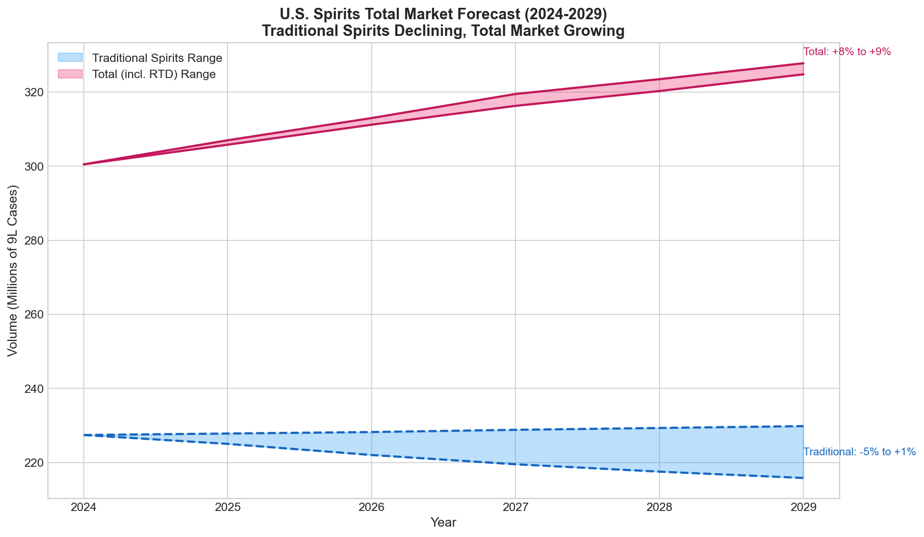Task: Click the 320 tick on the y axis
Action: (33, 93)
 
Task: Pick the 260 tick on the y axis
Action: (33, 315)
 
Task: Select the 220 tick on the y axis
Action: (33, 463)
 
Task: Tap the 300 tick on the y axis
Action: (33, 167)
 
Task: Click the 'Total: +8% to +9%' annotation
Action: (847, 52)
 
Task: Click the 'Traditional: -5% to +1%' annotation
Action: (859, 452)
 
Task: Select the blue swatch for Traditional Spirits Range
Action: (70, 57)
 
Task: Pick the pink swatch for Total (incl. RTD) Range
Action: (70, 74)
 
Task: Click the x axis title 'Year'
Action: (443, 523)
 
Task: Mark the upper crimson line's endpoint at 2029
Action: (803, 63)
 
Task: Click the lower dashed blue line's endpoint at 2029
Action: (803, 478)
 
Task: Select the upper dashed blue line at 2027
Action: (515, 430)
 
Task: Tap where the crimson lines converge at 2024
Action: (84, 164)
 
